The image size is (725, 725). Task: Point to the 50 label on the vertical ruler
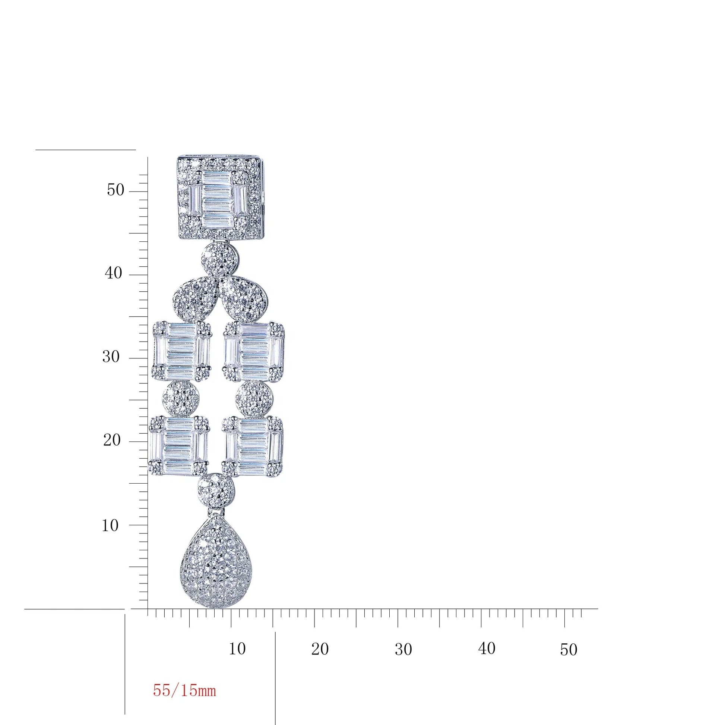[115, 190]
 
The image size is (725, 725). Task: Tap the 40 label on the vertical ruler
[113, 273]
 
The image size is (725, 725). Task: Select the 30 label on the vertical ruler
[111, 357]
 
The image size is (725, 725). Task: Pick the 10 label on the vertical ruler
[110, 525]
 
